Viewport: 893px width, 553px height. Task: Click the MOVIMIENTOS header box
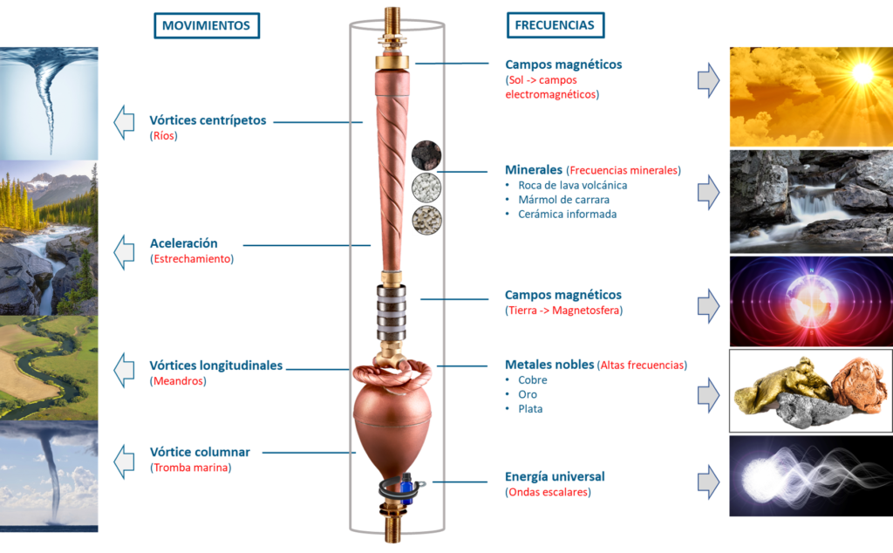click(x=207, y=25)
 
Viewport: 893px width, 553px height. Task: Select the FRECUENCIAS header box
click(x=556, y=25)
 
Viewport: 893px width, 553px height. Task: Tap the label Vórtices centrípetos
click(x=208, y=120)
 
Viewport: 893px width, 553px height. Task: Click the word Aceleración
click(x=184, y=243)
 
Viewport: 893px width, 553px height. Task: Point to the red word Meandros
click(x=178, y=380)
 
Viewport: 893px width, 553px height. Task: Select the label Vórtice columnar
click(x=200, y=452)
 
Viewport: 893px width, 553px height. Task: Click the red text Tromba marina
click(x=191, y=468)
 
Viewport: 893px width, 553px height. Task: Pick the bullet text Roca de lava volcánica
click(x=572, y=185)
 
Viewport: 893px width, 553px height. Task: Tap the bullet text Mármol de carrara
click(x=564, y=200)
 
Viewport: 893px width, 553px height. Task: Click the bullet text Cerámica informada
click(x=567, y=215)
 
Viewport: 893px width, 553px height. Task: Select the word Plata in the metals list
click(x=530, y=409)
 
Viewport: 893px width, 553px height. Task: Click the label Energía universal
click(x=555, y=476)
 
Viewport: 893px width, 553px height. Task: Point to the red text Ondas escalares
click(x=548, y=492)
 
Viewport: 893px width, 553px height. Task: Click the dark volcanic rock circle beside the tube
click(x=426, y=155)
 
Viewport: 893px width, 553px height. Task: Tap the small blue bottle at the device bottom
click(x=406, y=488)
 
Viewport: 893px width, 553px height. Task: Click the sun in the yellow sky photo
click(x=862, y=73)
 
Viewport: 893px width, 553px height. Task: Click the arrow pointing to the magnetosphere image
click(x=708, y=305)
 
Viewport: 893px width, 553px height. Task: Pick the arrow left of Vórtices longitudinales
click(x=124, y=370)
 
